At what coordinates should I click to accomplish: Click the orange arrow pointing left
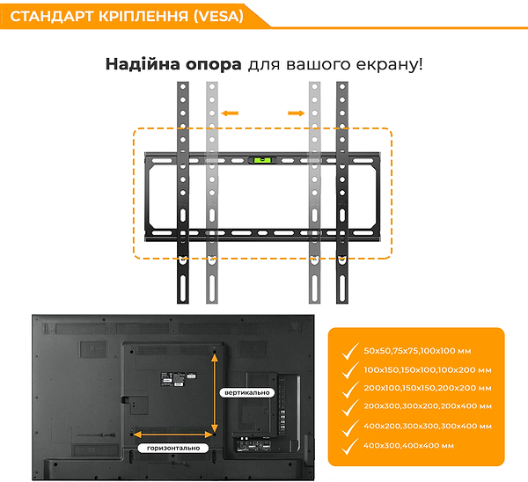pos(231,113)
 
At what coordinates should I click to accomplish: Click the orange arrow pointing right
pos(296,113)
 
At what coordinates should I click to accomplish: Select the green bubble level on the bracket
pos(263,160)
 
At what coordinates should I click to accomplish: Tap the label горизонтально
pos(173,448)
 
